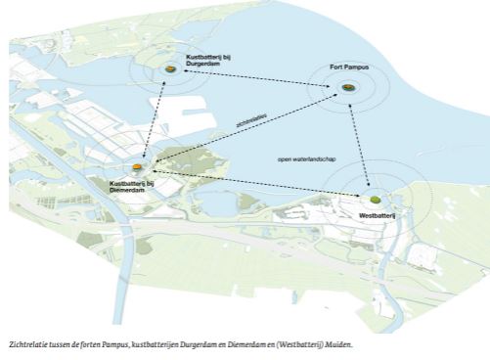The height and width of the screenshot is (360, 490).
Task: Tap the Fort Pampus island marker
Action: (x=349, y=90)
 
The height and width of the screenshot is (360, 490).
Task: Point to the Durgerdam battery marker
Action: (x=171, y=67)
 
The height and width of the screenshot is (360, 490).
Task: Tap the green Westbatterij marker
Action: (x=375, y=199)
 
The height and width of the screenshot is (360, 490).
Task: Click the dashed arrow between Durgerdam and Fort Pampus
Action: (x=259, y=78)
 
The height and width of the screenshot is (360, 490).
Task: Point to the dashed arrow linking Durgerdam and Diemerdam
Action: (x=156, y=114)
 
